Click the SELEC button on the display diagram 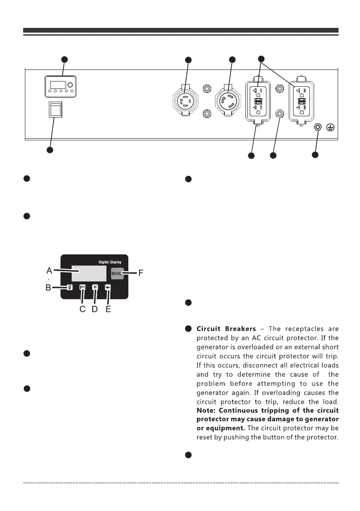117,273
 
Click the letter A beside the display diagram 49,270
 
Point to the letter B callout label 49,288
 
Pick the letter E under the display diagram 108,309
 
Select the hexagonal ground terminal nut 318,127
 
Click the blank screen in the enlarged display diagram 89,273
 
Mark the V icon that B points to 70,288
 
